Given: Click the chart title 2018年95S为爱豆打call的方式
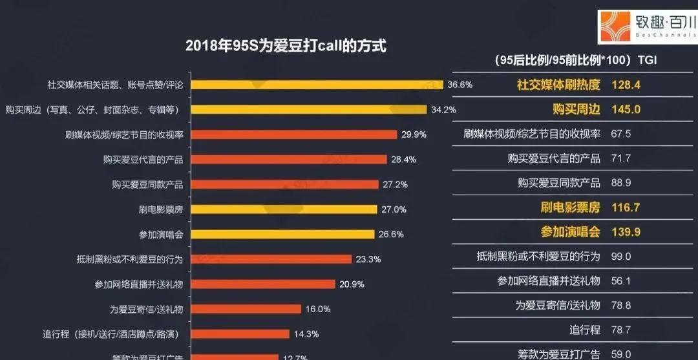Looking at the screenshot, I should click(x=286, y=46).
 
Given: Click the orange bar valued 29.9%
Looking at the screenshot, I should click(x=295, y=134).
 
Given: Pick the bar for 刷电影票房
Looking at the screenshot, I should click(x=285, y=209).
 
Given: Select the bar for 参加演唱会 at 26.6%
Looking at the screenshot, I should click(x=284, y=234).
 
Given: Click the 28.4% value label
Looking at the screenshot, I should click(x=404, y=160).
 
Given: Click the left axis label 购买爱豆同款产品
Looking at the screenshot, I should click(x=147, y=184).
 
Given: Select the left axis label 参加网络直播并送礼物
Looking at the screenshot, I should click(x=138, y=284).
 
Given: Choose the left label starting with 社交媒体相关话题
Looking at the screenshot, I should click(x=115, y=85).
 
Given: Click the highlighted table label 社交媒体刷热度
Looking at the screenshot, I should click(x=558, y=85).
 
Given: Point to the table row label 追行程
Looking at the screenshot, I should click(x=585, y=330).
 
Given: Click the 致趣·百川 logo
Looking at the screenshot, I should click(x=647, y=27).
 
